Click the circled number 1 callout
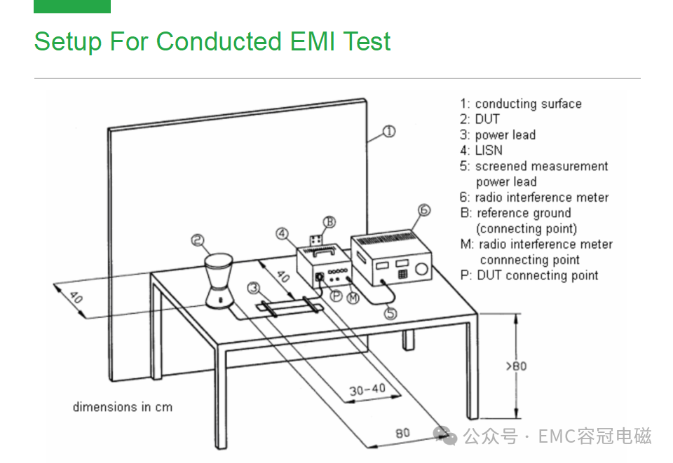[389, 131]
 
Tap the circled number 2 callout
[198, 241]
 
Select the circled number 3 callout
[254, 286]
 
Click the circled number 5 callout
[390, 313]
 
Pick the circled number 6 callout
[423, 209]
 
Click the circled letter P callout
[336, 296]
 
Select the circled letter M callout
[353, 298]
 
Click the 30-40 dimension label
[367, 390]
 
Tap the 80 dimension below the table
[402, 433]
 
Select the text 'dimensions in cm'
[122, 407]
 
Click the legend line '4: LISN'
[481, 151]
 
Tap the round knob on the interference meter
[421, 270]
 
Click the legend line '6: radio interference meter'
[534, 198]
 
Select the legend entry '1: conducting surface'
[521, 104]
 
